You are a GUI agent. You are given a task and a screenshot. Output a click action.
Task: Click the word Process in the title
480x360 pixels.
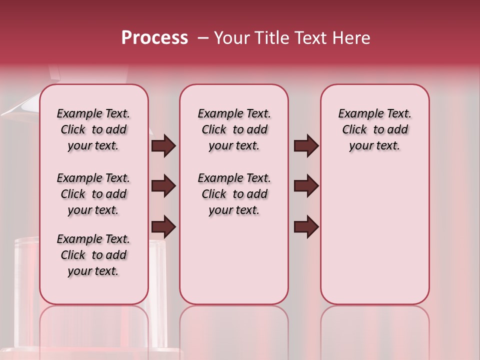click(x=154, y=38)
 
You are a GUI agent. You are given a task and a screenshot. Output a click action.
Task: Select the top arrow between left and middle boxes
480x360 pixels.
click(x=163, y=146)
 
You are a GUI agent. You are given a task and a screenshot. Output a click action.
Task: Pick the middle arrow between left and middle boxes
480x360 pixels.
click(x=163, y=186)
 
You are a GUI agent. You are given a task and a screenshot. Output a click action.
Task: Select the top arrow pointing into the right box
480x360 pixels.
click(x=306, y=146)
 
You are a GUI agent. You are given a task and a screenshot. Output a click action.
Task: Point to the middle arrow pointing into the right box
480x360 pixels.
click(x=306, y=186)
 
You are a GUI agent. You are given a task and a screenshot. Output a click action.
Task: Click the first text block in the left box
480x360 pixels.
click(x=93, y=129)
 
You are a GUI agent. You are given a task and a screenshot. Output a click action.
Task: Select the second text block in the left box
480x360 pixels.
click(x=93, y=194)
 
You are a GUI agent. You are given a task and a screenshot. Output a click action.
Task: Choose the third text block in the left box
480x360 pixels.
click(x=93, y=255)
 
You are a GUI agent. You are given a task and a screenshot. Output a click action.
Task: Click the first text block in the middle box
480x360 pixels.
click(x=234, y=129)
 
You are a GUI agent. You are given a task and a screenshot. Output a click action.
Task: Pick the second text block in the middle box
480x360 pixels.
click(x=234, y=194)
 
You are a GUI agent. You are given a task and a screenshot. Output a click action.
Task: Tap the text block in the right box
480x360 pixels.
click(x=374, y=129)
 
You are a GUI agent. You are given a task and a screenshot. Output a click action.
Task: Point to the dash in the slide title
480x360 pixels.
click(x=203, y=38)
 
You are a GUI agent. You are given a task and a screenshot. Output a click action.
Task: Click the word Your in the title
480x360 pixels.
click(x=230, y=38)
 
